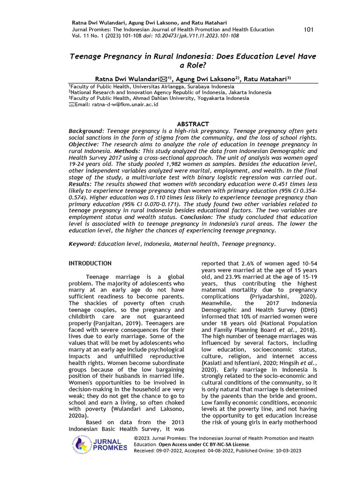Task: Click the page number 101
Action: tap(308, 30)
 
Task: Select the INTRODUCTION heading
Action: tap(90, 263)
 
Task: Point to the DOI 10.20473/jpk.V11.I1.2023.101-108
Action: tap(204, 36)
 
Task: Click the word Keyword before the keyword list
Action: tap(82, 244)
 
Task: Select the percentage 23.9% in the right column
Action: tap(238, 277)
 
